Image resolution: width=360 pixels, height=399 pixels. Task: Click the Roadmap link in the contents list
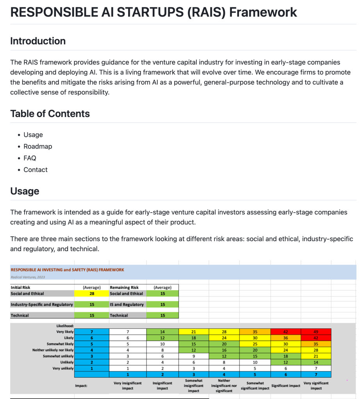coord(37,146)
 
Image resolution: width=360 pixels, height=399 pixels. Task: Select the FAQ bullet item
coord(30,158)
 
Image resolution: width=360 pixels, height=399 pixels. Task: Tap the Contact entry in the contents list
coord(35,170)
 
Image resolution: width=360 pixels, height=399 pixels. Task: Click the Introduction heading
coord(38,41)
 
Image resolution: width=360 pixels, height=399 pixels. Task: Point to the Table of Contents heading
coord(50,113)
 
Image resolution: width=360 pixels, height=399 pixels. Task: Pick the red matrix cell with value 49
coord(316,332)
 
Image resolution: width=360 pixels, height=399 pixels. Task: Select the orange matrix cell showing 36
coord(285,338)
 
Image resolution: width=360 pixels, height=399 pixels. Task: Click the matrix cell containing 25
coord(255,344)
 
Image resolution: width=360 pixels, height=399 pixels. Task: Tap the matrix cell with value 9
coord(193,356)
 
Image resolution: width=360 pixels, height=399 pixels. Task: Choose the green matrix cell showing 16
coord(224,350)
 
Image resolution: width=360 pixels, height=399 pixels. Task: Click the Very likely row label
coord(64,332)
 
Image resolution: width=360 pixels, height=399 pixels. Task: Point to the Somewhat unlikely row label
coord(59,356)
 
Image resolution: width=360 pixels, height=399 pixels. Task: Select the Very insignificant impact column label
coord(128,386)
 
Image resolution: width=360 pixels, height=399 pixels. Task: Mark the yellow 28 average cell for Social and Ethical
coord(92,294)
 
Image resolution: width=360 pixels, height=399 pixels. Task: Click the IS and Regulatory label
coord(127,305)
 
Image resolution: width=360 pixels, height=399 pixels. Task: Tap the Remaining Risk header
coord(125,287)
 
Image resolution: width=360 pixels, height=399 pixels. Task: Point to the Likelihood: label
coord(65,325)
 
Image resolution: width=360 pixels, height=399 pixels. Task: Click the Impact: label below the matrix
coord(81,386)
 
